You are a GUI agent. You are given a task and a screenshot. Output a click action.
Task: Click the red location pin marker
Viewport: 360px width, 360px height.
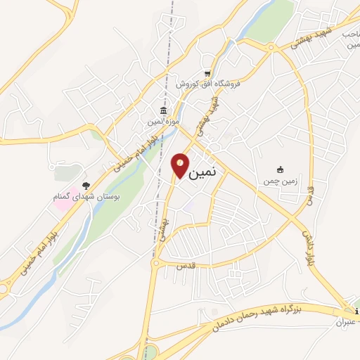coord(180,165)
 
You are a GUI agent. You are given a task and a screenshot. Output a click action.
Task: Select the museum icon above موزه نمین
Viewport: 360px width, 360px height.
coord(163,112)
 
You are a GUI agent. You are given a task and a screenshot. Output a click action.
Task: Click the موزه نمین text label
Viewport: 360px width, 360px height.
coord(162,122)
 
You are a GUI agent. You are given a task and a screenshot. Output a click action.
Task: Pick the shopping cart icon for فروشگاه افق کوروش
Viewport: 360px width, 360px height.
coord(207,73)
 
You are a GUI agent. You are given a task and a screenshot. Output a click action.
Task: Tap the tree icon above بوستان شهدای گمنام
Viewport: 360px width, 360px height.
coord(86,186)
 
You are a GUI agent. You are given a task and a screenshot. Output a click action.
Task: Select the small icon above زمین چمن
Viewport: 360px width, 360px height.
coord(280,169)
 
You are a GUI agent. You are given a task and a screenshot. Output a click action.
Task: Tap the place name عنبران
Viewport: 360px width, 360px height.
coord(344,321)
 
